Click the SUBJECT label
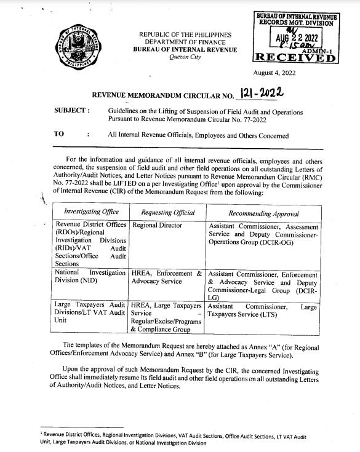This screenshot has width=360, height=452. click(x=73, y=112)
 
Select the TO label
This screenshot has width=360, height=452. click(x=61, y=133)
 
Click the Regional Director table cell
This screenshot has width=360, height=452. click(x=157, y=226)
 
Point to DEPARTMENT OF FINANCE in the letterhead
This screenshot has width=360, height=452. click(x=185, y=41)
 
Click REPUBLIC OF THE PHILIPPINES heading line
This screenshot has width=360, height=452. click(x=185, y=33)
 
